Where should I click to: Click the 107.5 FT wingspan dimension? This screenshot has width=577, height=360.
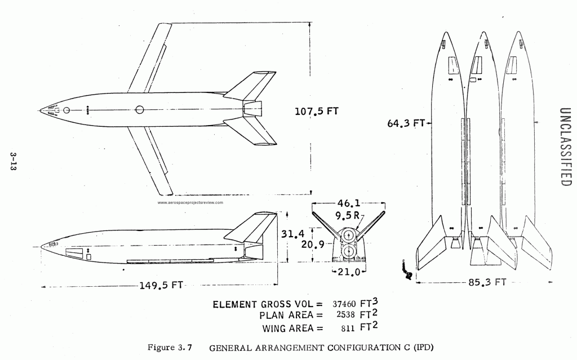point(316,111)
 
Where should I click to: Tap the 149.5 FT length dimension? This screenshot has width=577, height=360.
point(161,285)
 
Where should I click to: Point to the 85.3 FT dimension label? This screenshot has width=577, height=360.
point(487,282)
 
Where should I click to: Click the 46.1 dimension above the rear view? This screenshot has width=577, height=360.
point(349,203)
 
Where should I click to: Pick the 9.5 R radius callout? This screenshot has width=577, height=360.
point(347,216)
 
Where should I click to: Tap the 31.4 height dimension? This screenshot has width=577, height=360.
point(293,234)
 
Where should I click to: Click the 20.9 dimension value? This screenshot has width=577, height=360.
point(313,244)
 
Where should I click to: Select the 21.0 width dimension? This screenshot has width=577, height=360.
point(348,272)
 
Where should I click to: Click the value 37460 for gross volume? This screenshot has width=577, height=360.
point(344,304)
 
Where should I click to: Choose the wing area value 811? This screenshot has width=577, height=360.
point(348,328)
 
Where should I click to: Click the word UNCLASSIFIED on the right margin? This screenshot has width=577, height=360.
point(565,147)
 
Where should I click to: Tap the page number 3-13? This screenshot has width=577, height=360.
point(14,161)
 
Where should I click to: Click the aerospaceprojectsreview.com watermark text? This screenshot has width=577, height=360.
point(190,202)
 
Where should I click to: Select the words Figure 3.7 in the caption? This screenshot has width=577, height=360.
point(170,347)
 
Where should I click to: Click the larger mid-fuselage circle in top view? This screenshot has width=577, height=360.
point(140,110)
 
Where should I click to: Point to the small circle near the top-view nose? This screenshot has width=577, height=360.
point(66,110)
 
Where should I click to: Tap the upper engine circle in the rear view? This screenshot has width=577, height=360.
point(348,237)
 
